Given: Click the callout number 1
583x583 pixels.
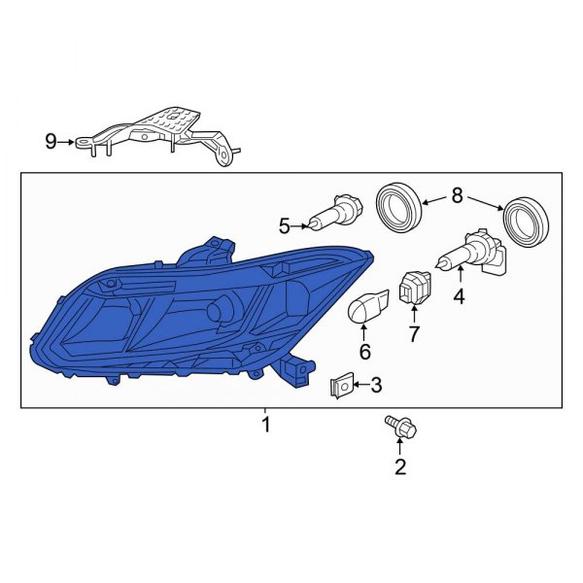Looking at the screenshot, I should click(265, 425).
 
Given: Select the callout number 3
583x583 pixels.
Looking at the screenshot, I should click(376, 386).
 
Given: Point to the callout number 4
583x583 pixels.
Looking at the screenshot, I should click(458, 297).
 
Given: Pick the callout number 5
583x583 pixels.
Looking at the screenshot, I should click(285, 226).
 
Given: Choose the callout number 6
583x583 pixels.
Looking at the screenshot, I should click(365, 350).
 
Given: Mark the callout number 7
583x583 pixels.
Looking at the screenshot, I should click(413, 335).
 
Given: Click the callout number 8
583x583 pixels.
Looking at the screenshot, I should click(458, 196).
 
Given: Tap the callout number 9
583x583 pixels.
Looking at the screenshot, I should click(51, 142).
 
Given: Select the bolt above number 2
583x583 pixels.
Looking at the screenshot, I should click(398, 429).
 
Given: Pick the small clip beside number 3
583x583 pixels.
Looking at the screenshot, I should click(340, 386).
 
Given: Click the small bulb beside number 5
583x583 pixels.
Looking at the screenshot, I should click(335, 211).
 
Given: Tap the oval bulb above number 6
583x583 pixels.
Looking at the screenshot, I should click(366, 308).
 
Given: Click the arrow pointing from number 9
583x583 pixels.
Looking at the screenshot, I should click(68, 142).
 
